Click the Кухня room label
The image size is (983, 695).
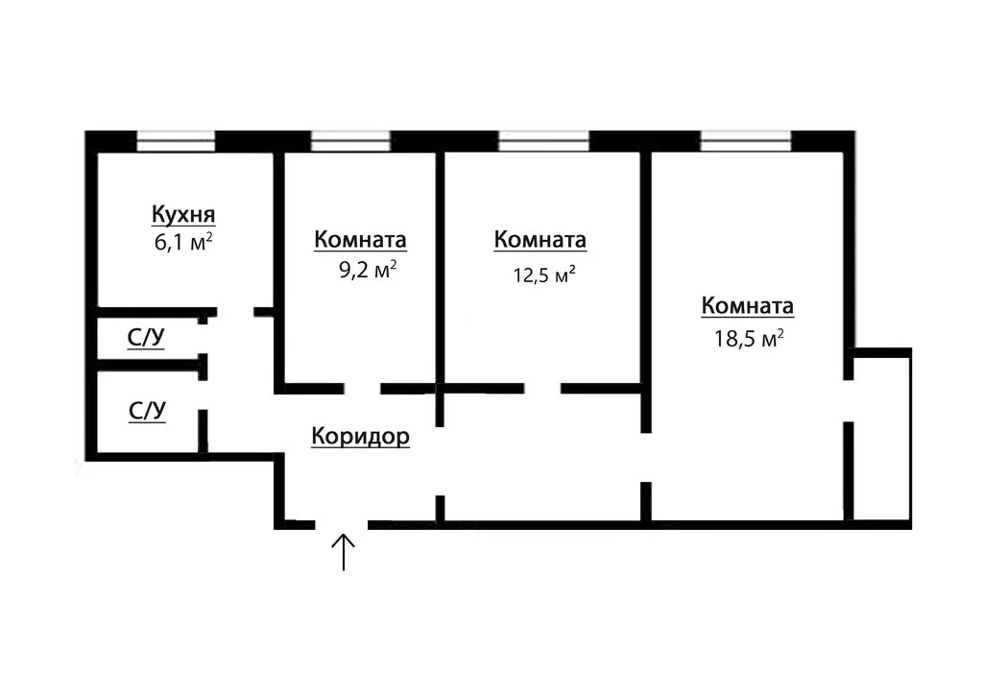[x=183, y=214]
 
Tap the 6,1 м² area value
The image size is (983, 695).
[x=183, y=241]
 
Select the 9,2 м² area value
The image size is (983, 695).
[x=368, y=270]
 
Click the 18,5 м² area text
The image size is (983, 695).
[x=749, y=339]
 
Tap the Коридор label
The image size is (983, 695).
[x=361, y=436]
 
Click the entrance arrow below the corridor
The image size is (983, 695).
[x=344, y=552]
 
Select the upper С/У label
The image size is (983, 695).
[x=146, y=337]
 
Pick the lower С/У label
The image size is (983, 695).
[x=147, y=411]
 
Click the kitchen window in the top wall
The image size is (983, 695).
[x=176, y=141]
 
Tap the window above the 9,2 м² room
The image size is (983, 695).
[x=350, y=141]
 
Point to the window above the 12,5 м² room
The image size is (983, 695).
[x=544, y=141]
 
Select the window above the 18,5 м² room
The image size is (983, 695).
[x=746, y=141]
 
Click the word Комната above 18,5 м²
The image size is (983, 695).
[x=748, y=306]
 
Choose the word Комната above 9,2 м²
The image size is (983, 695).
[x=361, y=239]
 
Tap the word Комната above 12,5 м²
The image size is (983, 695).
[x=540, y=239]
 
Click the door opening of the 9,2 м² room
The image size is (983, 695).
[x=362, y=389]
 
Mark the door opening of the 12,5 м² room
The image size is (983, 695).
[x=542, y=389]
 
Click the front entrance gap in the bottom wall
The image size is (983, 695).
[x=341, y=524]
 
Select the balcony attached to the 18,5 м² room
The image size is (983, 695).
[x=879, y=439]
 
